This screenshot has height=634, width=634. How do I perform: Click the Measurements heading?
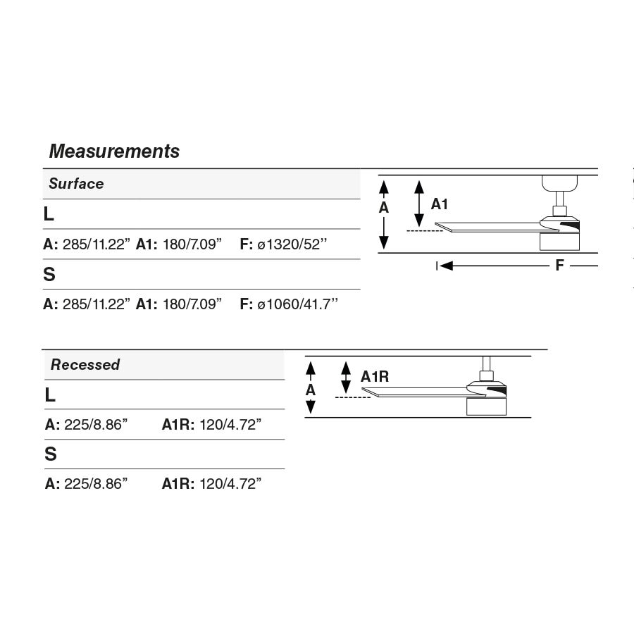[x=114, y=151]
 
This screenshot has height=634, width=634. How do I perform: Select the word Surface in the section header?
[x=76, y=184]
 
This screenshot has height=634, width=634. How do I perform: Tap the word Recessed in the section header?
[x=85, y=365]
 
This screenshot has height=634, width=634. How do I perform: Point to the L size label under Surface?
[x=49, y=214]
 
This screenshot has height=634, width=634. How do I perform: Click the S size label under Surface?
[x=49, y=275]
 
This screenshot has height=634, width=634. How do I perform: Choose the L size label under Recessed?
[x=50, y=395]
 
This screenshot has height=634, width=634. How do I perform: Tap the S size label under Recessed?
[x=51, y=455]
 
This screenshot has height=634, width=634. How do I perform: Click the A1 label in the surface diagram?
[x=440, y=204]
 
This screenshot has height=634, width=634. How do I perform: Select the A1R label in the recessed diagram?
[x=375, y=377]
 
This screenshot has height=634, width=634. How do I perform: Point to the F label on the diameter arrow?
[x=560, y=266]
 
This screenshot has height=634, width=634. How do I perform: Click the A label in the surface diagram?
[x=384, y=208]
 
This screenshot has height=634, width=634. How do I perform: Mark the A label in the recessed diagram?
[x=311, y=390]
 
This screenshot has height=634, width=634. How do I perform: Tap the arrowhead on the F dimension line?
[x=446, y=266]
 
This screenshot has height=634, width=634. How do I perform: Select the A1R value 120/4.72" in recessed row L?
[x=230, y=425]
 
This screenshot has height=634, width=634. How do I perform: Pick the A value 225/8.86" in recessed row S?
[x=96, y=484]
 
